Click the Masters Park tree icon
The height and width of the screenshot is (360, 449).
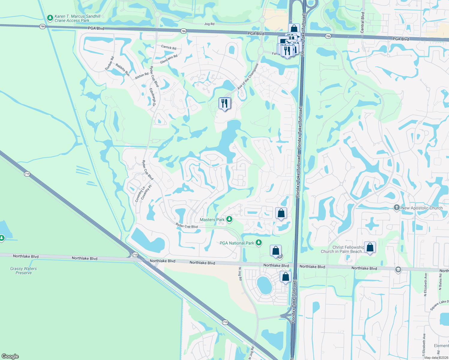coord(229,219)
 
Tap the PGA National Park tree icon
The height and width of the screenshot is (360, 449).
coord(259,243)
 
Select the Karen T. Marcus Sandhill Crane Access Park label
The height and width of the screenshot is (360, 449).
coord(77,19)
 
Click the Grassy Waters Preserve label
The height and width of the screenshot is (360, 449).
coord(23,271)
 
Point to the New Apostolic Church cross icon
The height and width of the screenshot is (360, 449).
coord(397,208)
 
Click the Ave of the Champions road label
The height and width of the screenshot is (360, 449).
coord(248,76)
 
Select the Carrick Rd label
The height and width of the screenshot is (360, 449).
coord(169,47)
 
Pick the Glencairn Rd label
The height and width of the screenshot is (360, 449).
coord(169,59)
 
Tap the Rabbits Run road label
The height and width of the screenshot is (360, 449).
coord(122,70)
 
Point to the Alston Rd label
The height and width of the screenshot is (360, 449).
coord(142,76)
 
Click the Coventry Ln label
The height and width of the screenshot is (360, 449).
coord(140,194)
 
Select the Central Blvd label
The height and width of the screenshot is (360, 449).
coord(363,22)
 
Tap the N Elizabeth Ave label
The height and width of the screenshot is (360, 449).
coord(425,284)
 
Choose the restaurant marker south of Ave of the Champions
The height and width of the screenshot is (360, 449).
coord(224,104)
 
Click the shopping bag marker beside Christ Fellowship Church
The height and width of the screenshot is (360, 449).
coord(370,247)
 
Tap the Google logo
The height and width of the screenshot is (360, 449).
coord(10,356)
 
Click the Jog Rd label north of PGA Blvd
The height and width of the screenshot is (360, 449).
coord(209,24)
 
